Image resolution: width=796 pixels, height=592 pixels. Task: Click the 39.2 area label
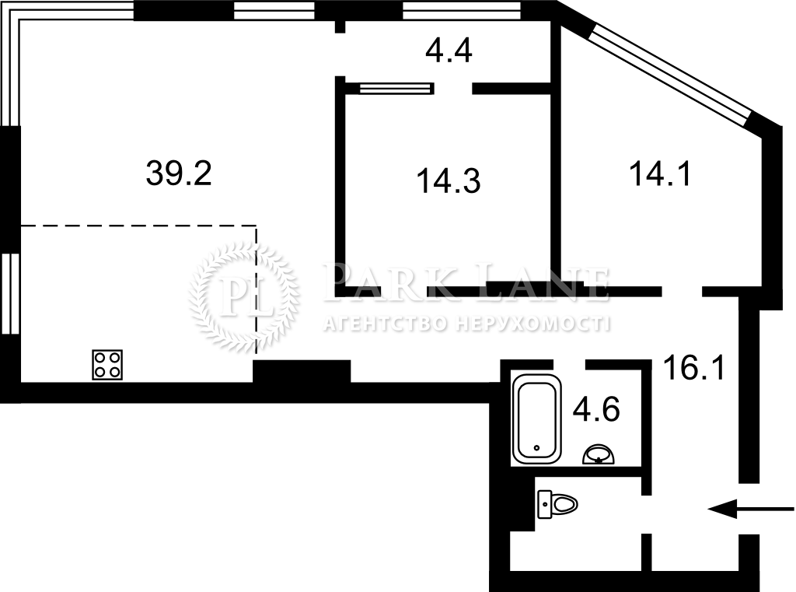click(179, 173)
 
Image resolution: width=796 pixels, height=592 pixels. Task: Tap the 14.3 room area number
click(449, 181)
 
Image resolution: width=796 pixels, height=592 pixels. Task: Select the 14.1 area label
click(660, 173)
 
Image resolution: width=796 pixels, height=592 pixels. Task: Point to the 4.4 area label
click(449, 51)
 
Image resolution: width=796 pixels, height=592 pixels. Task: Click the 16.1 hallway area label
click(694, 367)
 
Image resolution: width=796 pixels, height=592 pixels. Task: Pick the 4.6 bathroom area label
click(596, 409)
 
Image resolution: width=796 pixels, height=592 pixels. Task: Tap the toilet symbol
click(557, 504)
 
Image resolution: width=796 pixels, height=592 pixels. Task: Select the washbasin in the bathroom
click(599, 454)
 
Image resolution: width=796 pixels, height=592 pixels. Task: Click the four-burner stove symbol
click(107, 364)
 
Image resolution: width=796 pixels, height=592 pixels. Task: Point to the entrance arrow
click(750, 508)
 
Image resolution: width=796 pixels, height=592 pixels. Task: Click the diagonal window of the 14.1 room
click(669, 75)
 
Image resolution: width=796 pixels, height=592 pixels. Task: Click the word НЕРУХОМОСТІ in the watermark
click(532, 323)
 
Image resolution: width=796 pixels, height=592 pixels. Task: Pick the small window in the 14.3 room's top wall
click(396, 89)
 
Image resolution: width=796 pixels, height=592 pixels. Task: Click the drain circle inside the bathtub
click(537, 447)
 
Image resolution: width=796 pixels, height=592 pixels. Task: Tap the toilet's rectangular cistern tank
click(545, 504)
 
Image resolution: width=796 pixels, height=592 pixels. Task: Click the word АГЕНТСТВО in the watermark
click(386, 323)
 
